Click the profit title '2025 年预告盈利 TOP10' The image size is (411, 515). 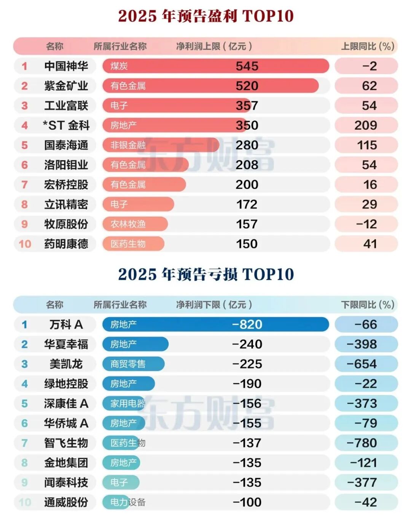pyautogui.click(x=205, y=16)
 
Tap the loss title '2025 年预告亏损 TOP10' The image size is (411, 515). pyautogui.click(x=205, y=274)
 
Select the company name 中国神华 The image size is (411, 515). pyautogui.click(x=66, y=66)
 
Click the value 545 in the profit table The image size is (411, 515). pyautogui.click(x=247, y=66)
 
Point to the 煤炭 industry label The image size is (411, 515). pyautogui.click(x=119, y=66)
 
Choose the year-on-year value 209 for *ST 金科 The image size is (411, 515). pyautogui.click(x=366, y=125)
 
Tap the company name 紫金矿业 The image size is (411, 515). pyautogui.click(x=66, y=86)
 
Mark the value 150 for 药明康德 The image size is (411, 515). pyautogui.click(x=247, y=244)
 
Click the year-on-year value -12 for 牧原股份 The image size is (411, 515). pyautogui.click(x=366, y=224)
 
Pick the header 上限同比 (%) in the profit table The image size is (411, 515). pyautogui.click(x=367, y=47)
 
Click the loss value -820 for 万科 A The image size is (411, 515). pyautogui.click(x=247, y=324)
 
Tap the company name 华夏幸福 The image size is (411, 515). pyautogui.click(x=66, y=344)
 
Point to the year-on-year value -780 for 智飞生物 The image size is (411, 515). pyautogui.click(x=362, y=443)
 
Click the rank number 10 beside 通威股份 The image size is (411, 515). pyautogui.click(x=25, y=502)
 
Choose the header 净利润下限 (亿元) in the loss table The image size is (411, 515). pyautogui.click(x=214, y=305)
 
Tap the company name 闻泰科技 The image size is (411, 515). pyautogui.click(x=66, y=482)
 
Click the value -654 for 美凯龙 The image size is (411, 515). pyautogui.click(x=362, y=364)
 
